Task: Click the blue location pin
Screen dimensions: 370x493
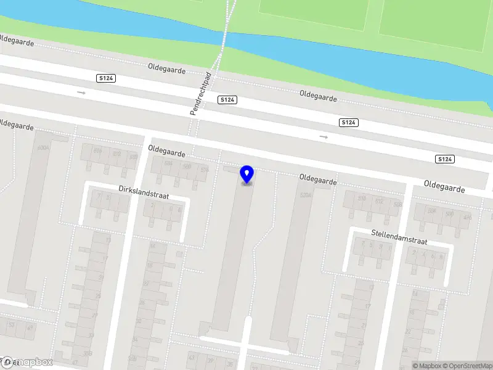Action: coord(247,175)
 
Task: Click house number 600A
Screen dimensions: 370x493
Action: coord(43,148)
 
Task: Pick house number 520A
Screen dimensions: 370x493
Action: coord(305,195)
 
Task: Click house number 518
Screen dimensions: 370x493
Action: coord(362,198)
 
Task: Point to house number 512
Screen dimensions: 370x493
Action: coord(379,201)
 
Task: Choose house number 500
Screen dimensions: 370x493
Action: coord(449,214)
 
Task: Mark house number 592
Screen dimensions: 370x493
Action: coord(116,154)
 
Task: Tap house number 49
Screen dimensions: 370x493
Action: coord(30,327)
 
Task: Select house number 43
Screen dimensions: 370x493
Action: coord(192,357)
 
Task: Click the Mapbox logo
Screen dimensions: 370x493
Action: coord(27,362)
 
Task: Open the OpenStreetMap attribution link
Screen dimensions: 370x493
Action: coord(468,366)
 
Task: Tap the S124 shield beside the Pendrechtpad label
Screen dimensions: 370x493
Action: coord(227,99)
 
